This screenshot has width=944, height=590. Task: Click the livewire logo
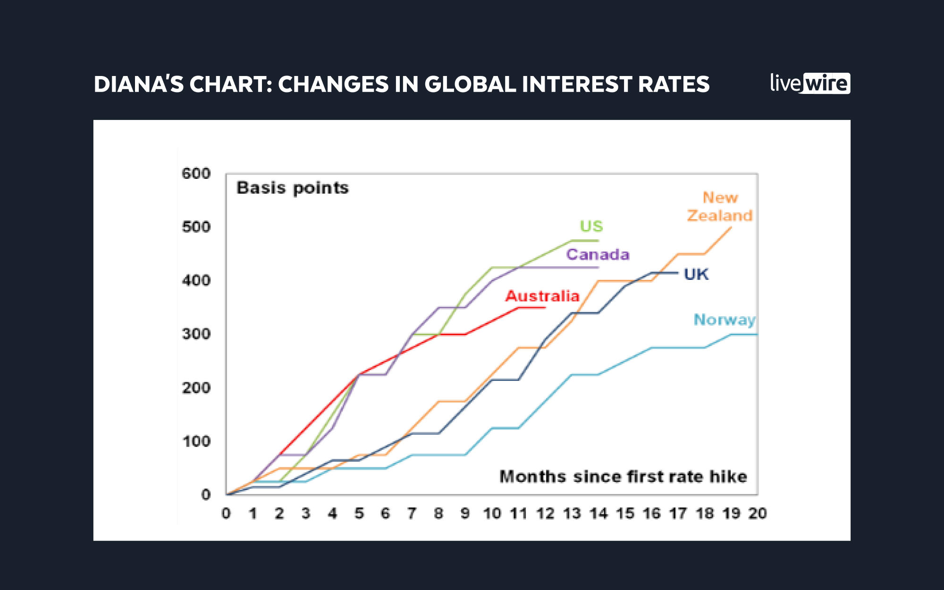(x=810, y=84)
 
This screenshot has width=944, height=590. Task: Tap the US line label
(x=591, y=226)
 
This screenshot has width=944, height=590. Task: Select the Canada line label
(x=598, y=254)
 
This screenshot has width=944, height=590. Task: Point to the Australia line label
(x=542, y=296)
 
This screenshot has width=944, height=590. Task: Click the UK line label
(x=696, y=274)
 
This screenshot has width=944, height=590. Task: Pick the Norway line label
(x=724, y=320)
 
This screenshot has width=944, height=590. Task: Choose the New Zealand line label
(x=720, y=206)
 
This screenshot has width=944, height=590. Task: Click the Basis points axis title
(x=293, y=188)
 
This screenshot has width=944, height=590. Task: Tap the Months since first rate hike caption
(x=623, y=476)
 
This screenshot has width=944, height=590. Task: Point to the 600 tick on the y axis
(x=196, y=173)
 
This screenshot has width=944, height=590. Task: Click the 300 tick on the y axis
(x=196, y=334)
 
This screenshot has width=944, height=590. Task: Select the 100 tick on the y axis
(x=196, y=441)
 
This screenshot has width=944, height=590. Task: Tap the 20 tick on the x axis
(x=758, y=513)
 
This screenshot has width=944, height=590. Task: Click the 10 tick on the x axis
(x=492, y=513)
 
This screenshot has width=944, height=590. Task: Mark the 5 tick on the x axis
(x=359, y=513)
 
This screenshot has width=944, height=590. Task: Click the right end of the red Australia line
(x=545, y=308)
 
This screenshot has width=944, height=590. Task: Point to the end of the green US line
(x=598, y=241)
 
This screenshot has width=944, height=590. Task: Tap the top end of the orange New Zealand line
(x=731, y=228)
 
